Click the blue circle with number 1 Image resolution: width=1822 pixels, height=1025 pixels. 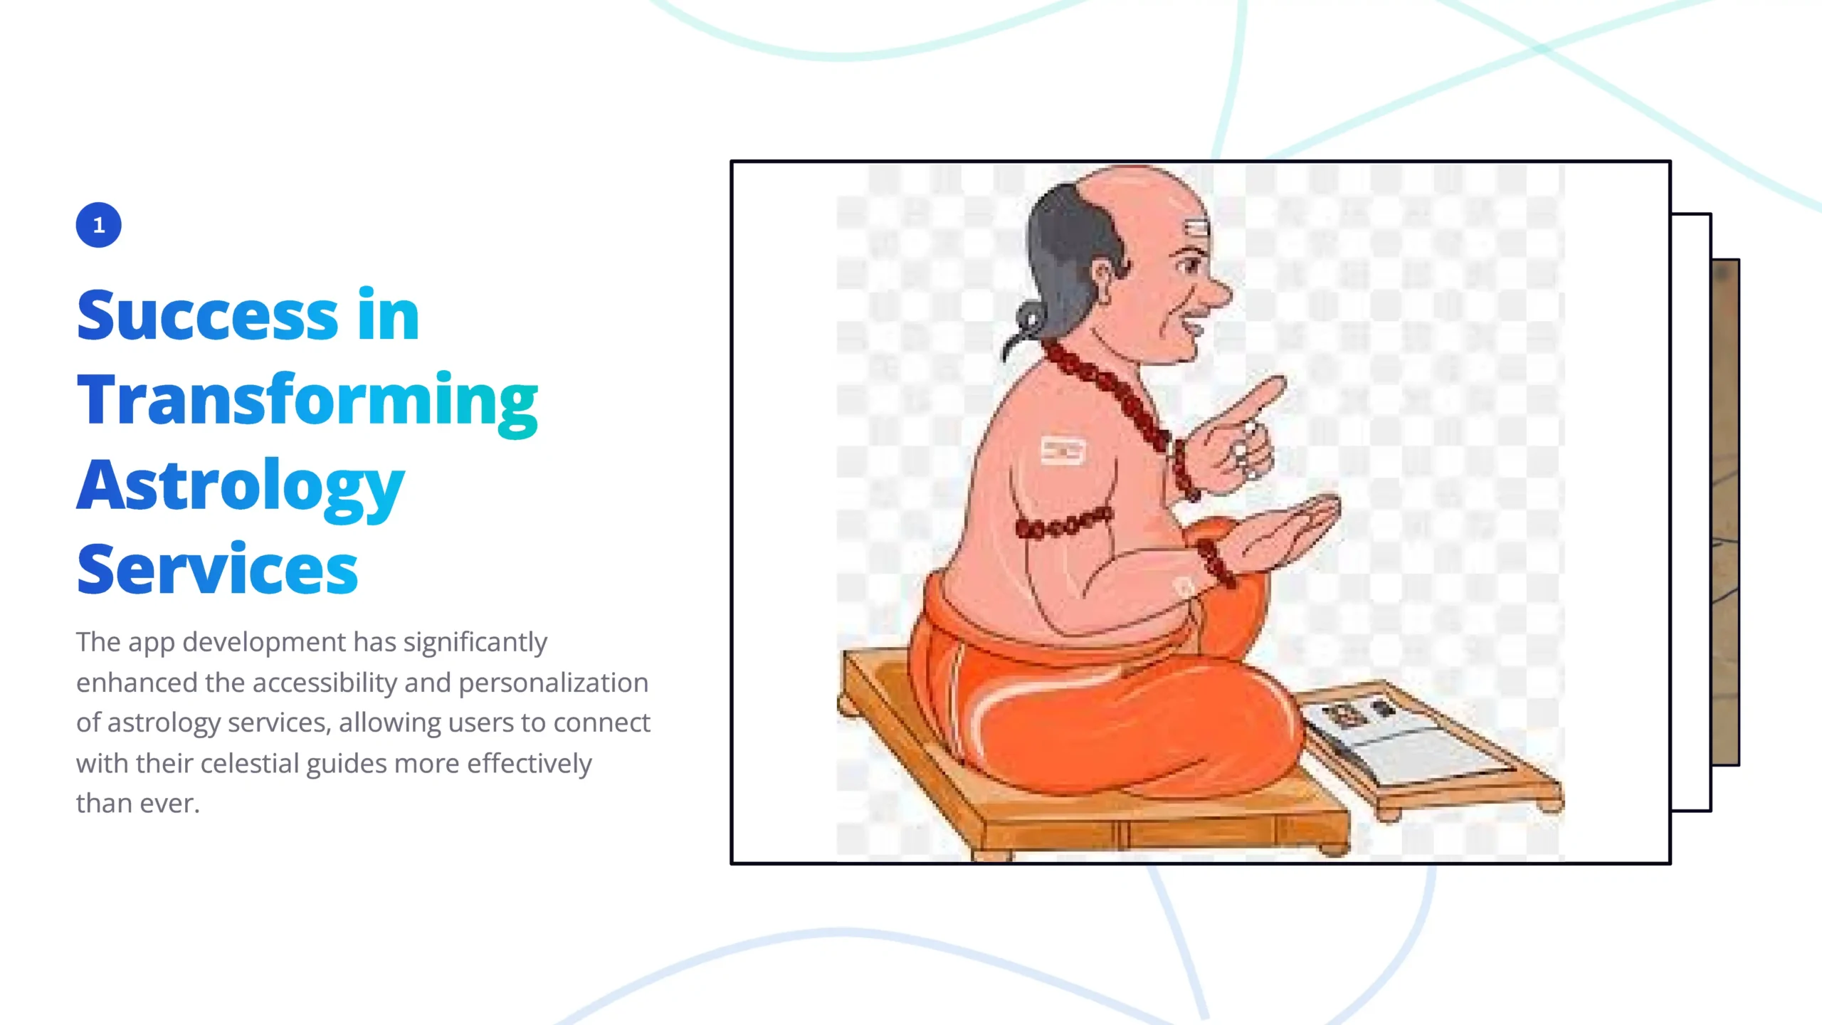(99, 225)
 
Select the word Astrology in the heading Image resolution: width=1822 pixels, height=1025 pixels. (241, 488)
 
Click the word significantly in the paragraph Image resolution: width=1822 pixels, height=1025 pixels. (475, 643)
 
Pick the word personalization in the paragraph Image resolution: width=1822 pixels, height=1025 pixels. (553, 683)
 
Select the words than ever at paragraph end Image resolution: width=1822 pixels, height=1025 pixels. (138, 804)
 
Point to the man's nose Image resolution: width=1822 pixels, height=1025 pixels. (1218, 289)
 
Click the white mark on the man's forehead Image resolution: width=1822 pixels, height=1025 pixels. (1196, 228)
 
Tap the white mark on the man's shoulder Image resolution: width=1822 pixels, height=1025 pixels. (1063, 451)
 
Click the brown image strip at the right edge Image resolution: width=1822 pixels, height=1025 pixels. (1725, 512)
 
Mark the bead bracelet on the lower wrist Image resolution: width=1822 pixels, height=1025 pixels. (1216, 562)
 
